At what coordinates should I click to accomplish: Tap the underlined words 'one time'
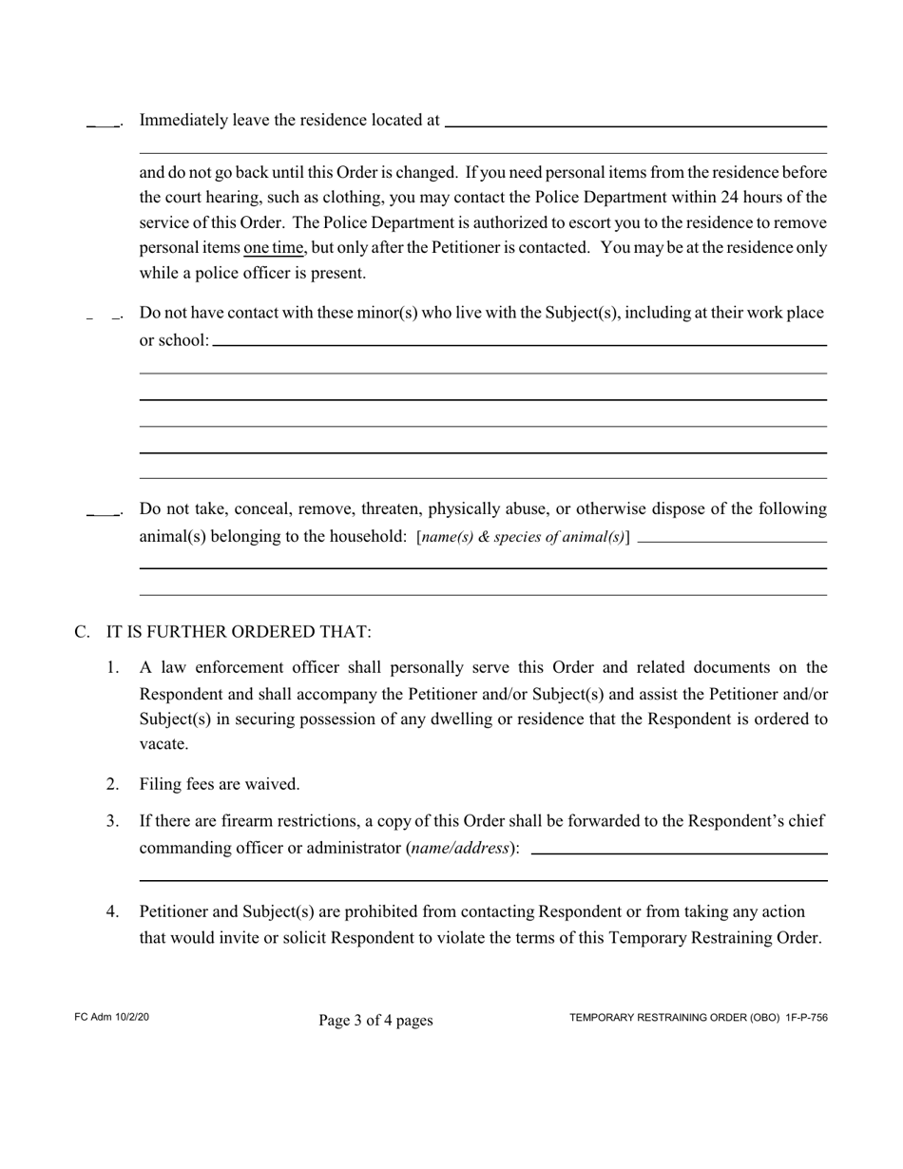pyautogui.click(x=274, y=248)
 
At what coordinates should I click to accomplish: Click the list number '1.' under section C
pyautogui.click(x=112, y=668)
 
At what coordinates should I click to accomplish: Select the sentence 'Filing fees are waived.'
pyautogui.click(x=220, y=784)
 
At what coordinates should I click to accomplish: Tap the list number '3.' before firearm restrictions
pyautogui.click(x=112, y=820)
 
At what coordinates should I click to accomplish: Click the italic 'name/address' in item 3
pyautogui.click(x=460, y=848)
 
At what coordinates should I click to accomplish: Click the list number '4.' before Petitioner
pyautogui.click(x=112, y=912)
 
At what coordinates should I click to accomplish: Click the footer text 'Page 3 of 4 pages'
pyautogui.click(x=375, y=1021)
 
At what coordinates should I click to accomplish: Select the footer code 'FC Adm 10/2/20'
pyautogui.click(x=111, y=1018)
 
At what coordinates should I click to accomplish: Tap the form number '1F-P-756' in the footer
pyautogui.click(x=806, y=1018)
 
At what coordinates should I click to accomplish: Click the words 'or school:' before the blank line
pyautogui.click(x=174, y=340)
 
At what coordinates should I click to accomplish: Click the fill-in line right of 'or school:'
pyautogui.click(x=519, y=344)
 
